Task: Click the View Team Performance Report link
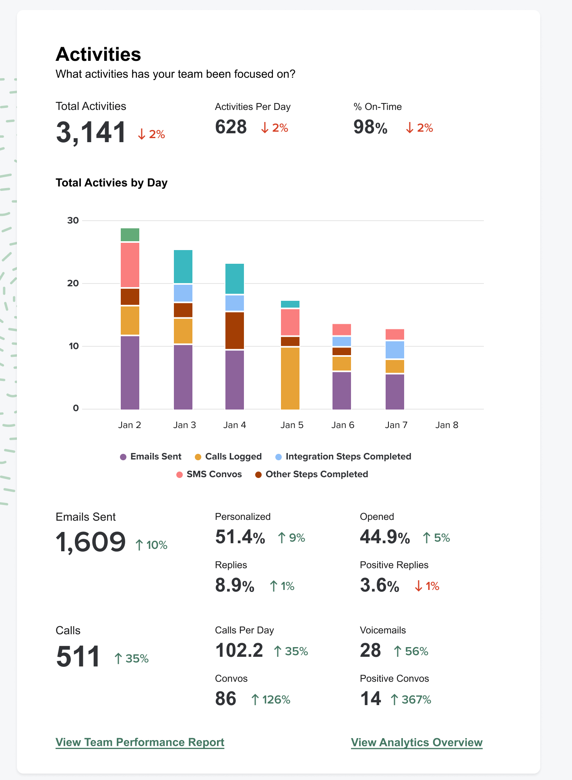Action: coord(140,742)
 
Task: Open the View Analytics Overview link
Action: coord(417,742)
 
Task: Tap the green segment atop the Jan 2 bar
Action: coord(130,235)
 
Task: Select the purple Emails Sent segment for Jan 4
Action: coord(235,380)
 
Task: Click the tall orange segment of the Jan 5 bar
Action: coord(290,378)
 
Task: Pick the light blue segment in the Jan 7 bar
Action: coord(395,350)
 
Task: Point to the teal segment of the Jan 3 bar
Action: coord(183,266)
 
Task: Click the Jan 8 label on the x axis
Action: coord(446,425)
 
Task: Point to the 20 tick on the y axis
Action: coord(73,283)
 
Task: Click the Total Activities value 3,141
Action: coord(91,132)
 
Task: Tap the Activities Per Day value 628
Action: coord(231,127)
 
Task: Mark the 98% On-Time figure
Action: coord(370,127)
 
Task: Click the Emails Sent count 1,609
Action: coord(91,542)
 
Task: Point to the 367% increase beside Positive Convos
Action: coord(411,700)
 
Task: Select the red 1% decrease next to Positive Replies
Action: coord(427,586)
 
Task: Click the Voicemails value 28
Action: coord(370,651)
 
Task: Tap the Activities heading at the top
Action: coord(98,54)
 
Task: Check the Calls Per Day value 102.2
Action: coord(239,651)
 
